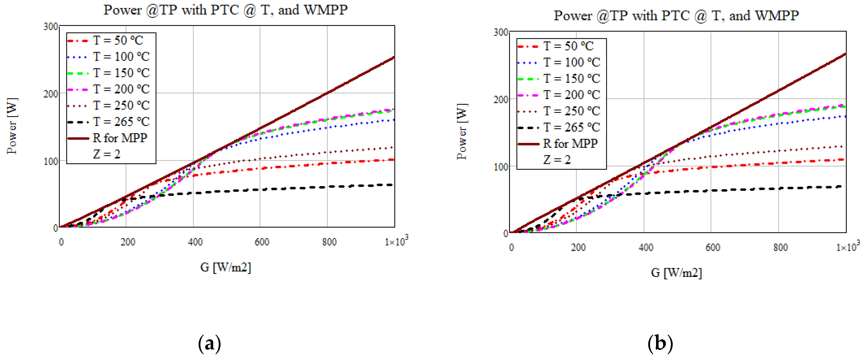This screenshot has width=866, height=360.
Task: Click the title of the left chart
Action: coord(225,10)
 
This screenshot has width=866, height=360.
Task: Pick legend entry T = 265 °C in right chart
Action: coord(571,127)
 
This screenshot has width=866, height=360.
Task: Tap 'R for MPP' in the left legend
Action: coord(120,138)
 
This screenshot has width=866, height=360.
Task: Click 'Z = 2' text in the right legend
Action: coord(557,160)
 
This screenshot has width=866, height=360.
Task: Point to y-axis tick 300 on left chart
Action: coord(50,26)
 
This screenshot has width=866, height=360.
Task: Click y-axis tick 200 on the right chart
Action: coord(500,99)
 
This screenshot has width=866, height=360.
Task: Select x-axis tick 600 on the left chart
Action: coord(262,242)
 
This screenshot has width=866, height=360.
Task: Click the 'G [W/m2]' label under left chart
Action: coord(226,268)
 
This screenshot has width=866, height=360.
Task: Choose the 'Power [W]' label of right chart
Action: coord(462,132)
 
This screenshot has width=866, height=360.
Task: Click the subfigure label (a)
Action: coord(209,344)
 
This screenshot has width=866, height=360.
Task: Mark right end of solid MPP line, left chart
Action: coord(394,57)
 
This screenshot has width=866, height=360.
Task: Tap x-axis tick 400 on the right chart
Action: coord(645,248)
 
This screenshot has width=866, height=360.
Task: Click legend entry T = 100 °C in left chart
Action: coord(121,56)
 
